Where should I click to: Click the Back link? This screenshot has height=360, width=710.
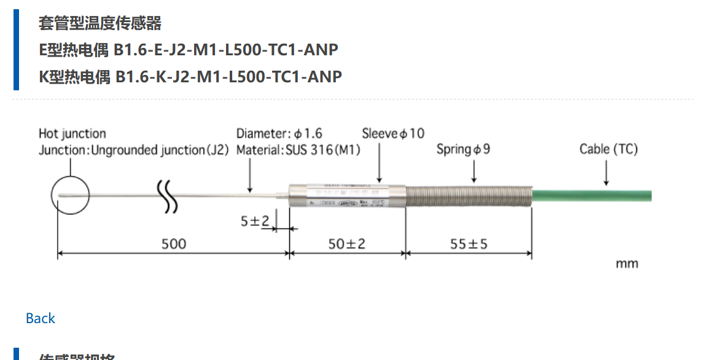(x=41, y=318)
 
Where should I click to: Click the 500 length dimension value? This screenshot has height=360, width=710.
(x=173, y=244)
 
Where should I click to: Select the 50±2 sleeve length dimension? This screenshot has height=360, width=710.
(x=346, y=244)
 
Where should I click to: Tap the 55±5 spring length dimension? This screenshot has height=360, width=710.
(x=469, y=244)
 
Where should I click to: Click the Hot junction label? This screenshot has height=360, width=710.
(x=72, y=133)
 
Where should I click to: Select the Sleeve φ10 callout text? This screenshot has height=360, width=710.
(x=393, y=133)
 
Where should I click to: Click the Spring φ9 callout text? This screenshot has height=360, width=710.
(x=463, y=149)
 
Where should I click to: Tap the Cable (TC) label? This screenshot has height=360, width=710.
(x=609, y=149)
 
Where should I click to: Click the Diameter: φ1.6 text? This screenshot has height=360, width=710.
(x=279, y=133)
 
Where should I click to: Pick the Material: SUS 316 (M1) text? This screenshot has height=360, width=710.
(x=298, y=150)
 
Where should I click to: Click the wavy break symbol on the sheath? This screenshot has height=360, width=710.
(x=167, y=196)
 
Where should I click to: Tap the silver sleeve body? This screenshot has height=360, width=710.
(x=346, y=196)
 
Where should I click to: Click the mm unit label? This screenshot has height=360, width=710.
(x=627, y=264)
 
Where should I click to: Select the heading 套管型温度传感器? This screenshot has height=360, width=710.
(x=100, y=23)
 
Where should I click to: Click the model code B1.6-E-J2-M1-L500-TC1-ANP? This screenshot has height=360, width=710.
(x=227, y=50)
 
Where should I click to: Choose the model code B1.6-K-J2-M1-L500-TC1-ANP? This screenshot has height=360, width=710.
(x=228, y=77)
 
